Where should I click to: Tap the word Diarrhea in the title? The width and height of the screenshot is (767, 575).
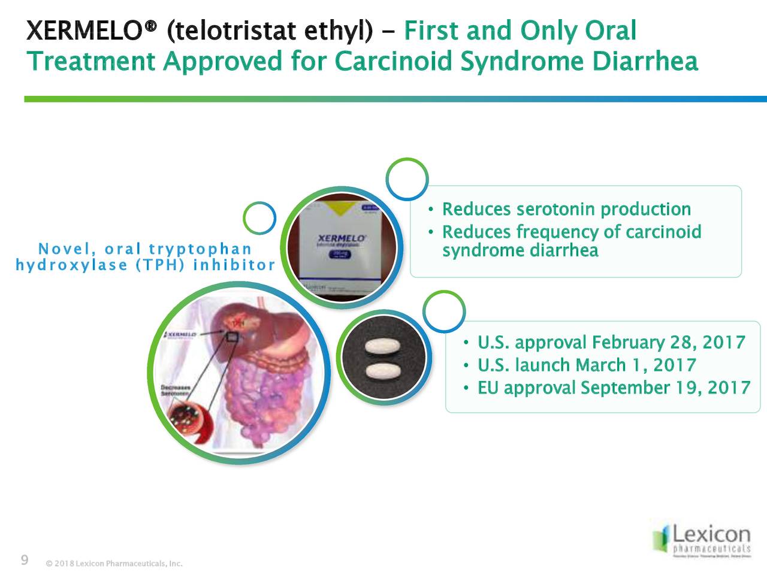[x=645, y=62]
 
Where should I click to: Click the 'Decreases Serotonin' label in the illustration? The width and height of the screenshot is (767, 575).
[x=175, y=390]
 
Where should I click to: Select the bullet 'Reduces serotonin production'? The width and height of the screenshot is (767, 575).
[x=566, y=210]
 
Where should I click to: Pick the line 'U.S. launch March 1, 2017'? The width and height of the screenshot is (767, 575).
[x=587, y=365]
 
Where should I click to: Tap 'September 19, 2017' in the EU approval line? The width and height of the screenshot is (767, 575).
[x=665, y=388]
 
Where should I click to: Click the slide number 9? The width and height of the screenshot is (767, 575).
[x=25, y=561]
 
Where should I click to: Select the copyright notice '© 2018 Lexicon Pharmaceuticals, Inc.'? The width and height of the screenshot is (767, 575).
[x=114, y=564]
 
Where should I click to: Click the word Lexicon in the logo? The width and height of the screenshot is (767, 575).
[x=711, y=534]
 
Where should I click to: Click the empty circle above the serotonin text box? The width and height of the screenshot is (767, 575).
[x=407, y=178]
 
